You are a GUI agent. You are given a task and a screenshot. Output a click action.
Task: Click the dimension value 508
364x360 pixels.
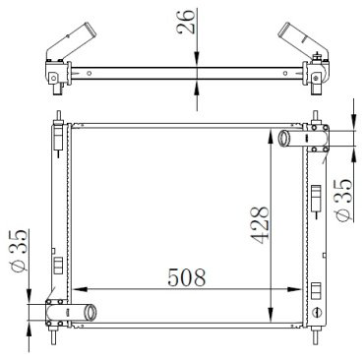[x=187, y=277]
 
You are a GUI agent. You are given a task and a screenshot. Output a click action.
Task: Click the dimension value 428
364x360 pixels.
[x=261, y=225]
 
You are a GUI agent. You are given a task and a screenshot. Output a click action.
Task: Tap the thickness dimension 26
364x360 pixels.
[x=186, y=22]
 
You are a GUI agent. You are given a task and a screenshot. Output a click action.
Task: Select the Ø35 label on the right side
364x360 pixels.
[x=343, y=200]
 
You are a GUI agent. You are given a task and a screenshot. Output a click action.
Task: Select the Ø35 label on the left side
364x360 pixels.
[x=19, y=251]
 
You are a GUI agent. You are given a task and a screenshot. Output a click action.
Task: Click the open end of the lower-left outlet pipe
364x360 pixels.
[x=90, y=313]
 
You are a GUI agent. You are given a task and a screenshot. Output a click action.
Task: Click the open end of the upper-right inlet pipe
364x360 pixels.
[x=283, y=139]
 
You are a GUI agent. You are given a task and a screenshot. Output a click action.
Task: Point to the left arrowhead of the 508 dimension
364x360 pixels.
[x=80, y=289]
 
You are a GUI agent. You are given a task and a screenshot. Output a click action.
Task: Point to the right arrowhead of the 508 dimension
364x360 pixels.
[x=294, y=289]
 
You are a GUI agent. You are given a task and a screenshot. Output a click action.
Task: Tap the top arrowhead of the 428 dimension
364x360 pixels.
[x=271, y=136]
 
